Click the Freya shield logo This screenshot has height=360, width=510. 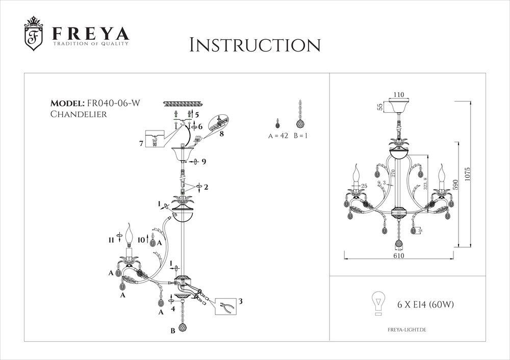coord(34,37)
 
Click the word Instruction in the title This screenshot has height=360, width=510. coord(254,44)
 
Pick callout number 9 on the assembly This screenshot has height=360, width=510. coord(203,162)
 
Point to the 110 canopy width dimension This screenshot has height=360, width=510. coord(398,95)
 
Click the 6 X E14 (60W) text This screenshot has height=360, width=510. coord(425,305)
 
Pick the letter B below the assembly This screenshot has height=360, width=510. coord(172,331)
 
